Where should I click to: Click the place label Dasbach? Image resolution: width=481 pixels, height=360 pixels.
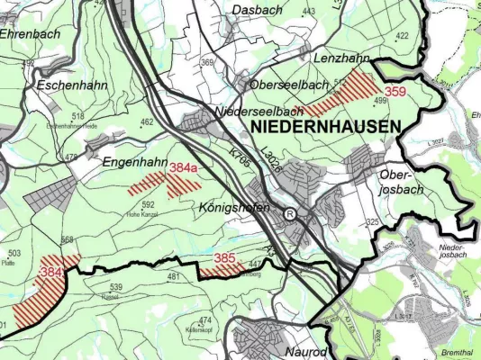257,10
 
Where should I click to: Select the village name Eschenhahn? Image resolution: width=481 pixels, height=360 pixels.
68,85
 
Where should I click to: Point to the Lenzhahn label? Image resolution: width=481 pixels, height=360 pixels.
343,58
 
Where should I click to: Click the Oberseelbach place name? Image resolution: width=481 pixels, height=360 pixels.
287,84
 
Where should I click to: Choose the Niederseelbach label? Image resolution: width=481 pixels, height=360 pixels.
260,112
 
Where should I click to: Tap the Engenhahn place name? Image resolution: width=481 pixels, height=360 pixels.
135,163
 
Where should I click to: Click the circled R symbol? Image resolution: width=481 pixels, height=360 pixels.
290,215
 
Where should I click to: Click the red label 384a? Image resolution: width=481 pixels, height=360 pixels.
184,167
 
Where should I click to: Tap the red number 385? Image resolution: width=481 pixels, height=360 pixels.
226,257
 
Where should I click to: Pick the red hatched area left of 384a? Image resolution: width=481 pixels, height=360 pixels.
153,184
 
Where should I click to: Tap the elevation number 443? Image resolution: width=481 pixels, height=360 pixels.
309,12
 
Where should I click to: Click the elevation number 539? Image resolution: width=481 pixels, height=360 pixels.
115,287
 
